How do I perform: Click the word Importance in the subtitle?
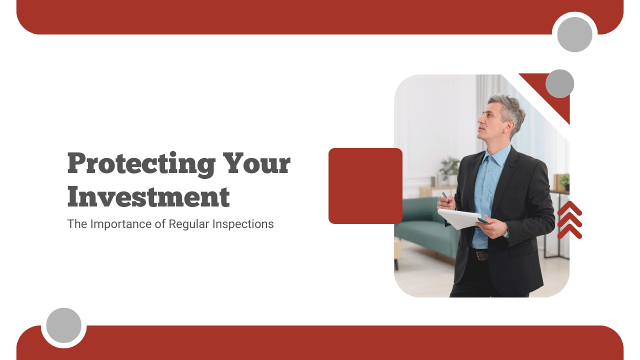120,224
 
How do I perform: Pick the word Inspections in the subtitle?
242,224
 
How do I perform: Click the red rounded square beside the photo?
365,186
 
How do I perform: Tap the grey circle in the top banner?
574,34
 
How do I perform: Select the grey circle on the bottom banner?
64,325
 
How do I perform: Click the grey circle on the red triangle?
559,83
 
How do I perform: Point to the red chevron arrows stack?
569,220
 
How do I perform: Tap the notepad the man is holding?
459,218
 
